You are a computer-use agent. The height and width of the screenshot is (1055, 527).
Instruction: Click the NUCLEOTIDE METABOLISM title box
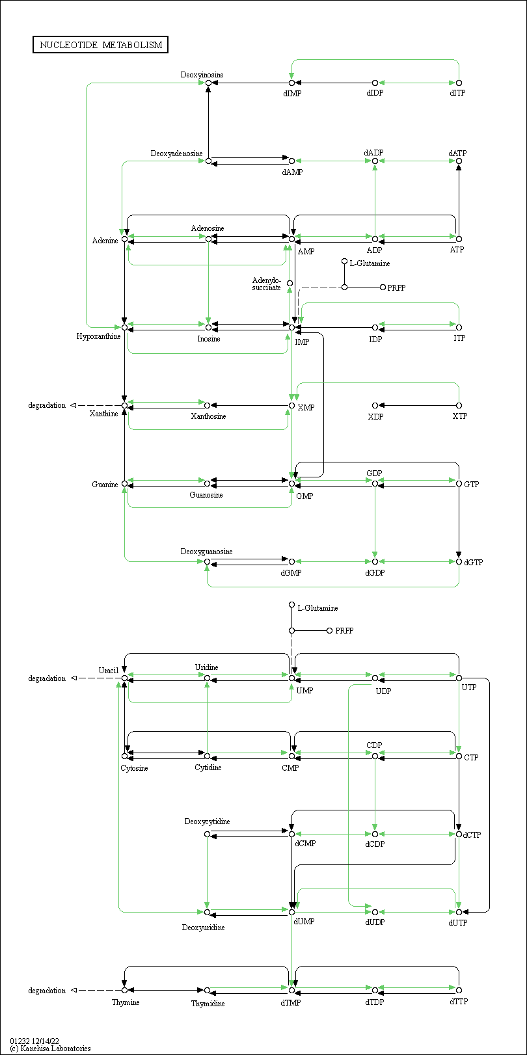[x=100, y=45]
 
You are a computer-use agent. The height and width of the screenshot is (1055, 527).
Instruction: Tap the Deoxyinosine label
[x=202, y=74]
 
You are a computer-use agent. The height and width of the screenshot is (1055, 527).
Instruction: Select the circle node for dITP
[x=459, y=83]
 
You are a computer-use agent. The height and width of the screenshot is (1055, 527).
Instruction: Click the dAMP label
[x=292, y=172]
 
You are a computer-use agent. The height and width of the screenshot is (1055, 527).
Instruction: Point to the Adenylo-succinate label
[x=267, y=284]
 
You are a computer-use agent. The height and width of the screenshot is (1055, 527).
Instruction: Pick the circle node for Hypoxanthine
[x=124, y=327]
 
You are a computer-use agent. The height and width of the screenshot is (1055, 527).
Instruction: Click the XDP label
[x=375, y=416]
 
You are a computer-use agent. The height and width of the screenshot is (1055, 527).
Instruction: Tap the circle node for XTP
[x=459, y=405]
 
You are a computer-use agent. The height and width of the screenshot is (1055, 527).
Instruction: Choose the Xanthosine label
[x=208, y=416]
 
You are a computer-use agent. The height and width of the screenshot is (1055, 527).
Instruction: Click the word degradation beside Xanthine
[x=47, y=405]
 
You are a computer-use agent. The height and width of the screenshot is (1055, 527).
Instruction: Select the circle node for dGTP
[x=459, y=561]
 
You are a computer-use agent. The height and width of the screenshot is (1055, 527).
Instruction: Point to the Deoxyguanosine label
[x=206, y=552]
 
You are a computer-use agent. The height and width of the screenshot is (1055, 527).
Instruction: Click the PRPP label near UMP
[x=344, y=631]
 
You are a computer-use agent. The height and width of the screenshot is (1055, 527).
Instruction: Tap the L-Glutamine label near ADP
[x=370, y=263]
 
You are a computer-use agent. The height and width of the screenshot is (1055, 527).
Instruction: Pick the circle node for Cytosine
[x=124, y=756]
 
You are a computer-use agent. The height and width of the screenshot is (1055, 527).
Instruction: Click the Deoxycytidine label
[x=207, y=821]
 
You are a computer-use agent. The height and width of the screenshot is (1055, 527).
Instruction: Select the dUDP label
[x=375, y=922]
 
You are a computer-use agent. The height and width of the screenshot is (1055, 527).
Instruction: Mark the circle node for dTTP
[x=459, y=990]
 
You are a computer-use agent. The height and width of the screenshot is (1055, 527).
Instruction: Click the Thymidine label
[x=208, y=1003]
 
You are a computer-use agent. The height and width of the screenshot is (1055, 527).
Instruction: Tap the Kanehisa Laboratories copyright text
[x=50, y=1048]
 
